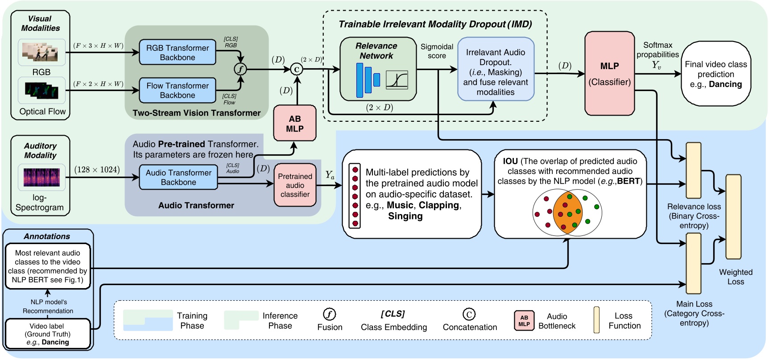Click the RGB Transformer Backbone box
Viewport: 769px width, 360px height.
[177, 53]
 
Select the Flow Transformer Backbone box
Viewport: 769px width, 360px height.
[177, 91]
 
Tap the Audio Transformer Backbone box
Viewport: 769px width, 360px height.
[178, 178]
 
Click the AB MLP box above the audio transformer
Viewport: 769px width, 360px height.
[294, 124]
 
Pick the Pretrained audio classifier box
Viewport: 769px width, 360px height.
[295, 185]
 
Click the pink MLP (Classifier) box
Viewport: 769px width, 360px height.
[609, 74]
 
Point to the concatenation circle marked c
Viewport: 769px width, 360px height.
[297, 69]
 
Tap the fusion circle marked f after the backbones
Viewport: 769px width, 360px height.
[240, 69]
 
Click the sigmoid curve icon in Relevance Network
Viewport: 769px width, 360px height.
[397, 80]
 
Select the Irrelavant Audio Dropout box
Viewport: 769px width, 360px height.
[496, 72]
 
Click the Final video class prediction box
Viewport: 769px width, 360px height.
[715, 74]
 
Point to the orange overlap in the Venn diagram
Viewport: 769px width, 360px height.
[567, 213]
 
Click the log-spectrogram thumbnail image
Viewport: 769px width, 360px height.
[41, 178]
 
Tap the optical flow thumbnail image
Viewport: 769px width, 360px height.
[41, 91]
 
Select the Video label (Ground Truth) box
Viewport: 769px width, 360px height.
[47, 334]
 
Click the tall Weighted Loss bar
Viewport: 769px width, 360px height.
[733, 217]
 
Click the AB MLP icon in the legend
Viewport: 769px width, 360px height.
[524, 321]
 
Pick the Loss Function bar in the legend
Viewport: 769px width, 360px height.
[596, 320]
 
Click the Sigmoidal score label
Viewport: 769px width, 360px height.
[437, 51]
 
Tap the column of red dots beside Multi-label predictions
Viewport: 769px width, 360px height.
[355, 196]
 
